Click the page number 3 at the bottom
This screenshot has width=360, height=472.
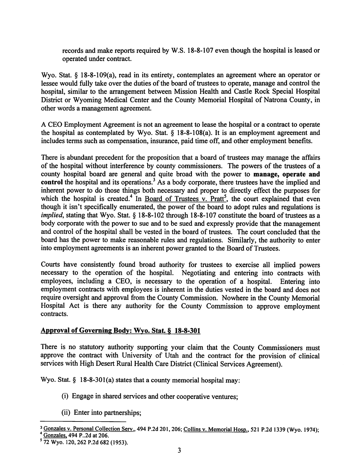[x=180, y=450]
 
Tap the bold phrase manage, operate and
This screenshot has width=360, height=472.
[x=287, y=174]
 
